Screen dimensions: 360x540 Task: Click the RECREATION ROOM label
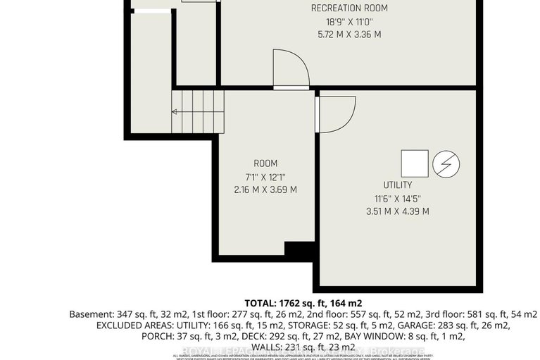point(349,8)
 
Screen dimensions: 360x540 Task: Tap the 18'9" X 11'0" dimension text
point(349,21)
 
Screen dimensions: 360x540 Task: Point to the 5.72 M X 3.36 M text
point(349,34)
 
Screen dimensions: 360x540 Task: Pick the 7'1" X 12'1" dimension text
point(264,176)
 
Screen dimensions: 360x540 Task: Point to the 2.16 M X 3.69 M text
point(264,189)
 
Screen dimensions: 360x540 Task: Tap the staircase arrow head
point(174,111)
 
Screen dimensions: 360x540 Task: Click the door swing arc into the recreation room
point(294,69)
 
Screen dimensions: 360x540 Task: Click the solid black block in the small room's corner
point(299,249)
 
